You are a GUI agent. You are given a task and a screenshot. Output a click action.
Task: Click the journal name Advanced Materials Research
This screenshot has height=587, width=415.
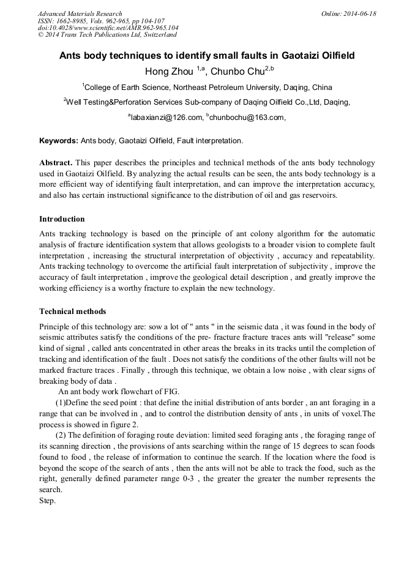(80, 13)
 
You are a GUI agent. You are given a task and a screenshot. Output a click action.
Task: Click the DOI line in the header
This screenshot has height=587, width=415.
(108, 28)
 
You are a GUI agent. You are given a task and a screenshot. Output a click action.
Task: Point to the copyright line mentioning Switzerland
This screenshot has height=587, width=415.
(107, 35)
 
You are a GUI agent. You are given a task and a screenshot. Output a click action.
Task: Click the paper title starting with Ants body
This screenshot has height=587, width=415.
(207, 55)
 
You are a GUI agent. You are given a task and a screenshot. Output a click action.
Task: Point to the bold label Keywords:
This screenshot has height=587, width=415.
(59, 141)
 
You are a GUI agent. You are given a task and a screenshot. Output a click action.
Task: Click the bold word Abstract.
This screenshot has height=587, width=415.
(56, 163)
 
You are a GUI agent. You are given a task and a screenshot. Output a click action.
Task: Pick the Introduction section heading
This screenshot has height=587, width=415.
(62, 219)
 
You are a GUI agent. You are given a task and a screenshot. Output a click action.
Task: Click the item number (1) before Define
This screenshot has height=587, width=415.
(60, 402)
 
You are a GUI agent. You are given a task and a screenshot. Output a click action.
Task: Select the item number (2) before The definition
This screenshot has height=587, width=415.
(61, 435)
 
